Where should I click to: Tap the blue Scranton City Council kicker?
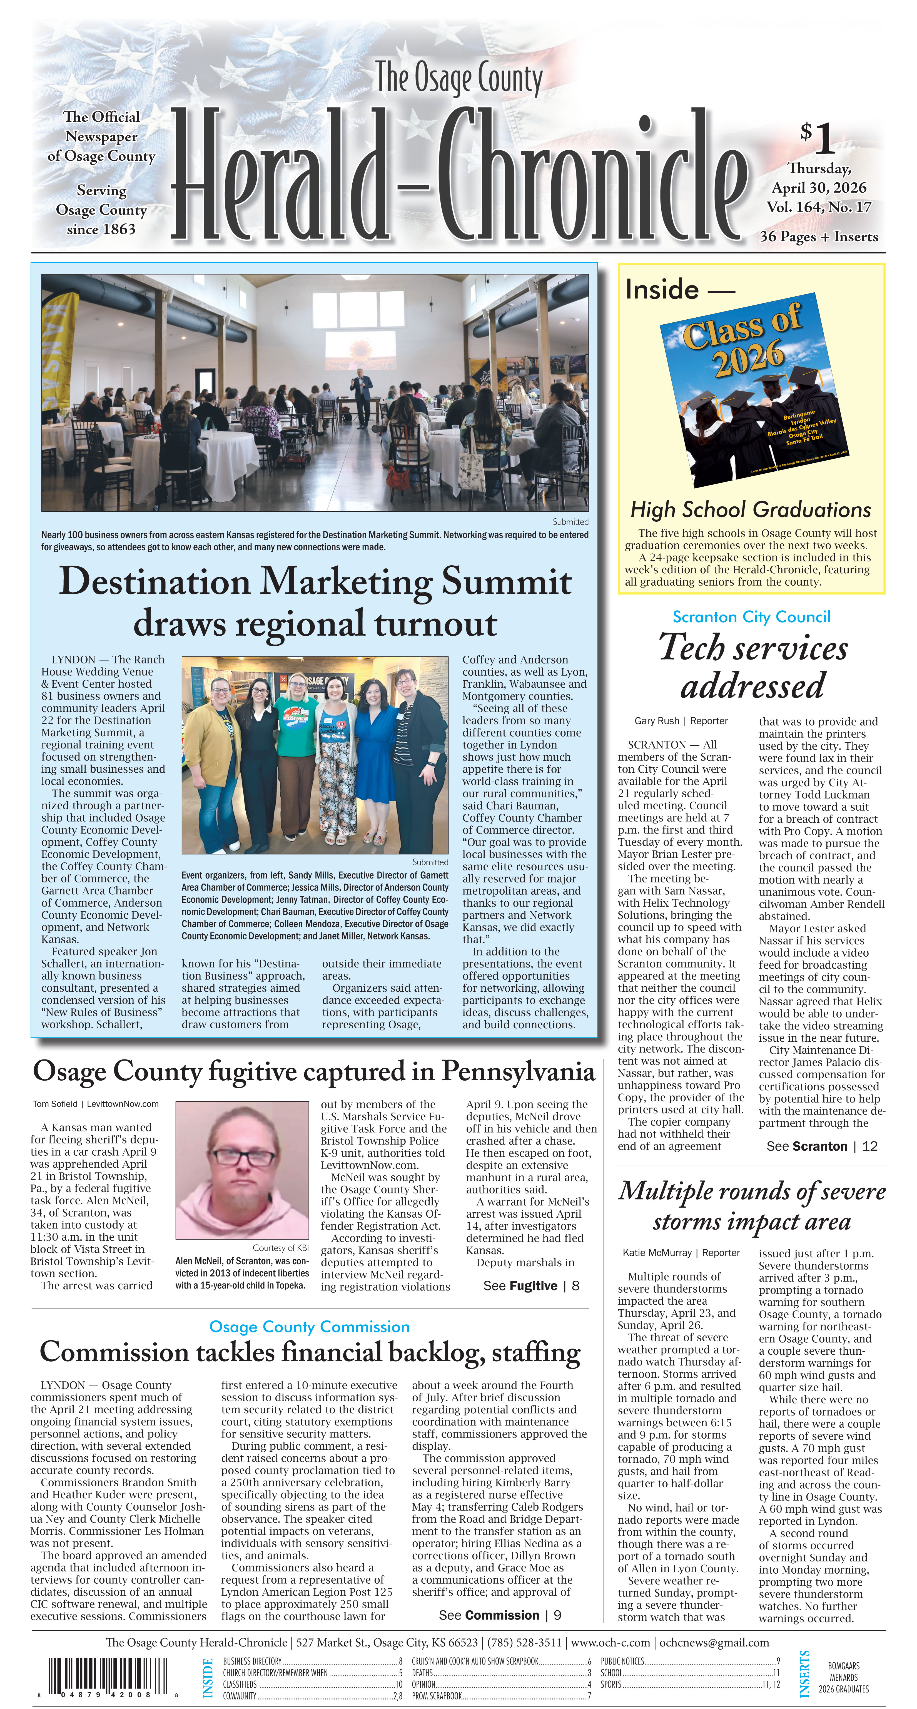[751, 617]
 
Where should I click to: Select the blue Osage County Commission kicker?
[309, 1327]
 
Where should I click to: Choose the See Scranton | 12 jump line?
[821, 1146]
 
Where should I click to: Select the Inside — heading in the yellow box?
[679, 290]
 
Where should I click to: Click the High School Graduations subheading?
[751, 509]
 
